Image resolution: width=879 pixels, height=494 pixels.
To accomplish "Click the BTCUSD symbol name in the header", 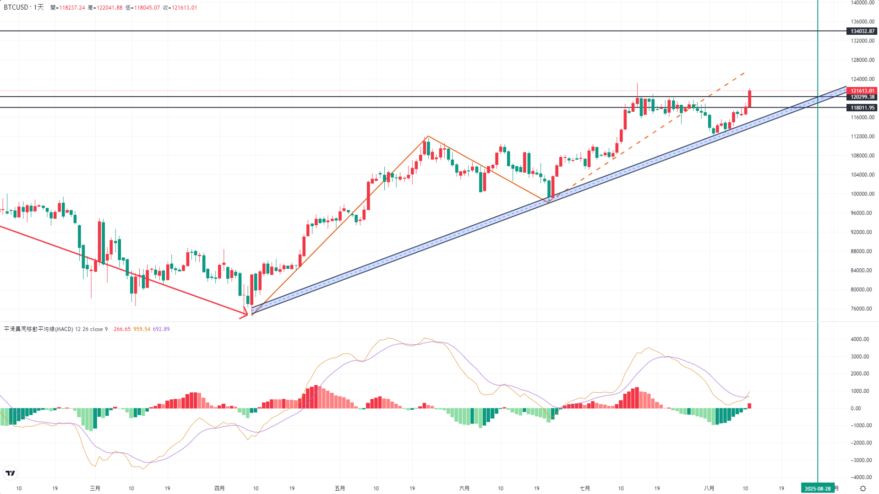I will pyautogui.click(x=16, y=7).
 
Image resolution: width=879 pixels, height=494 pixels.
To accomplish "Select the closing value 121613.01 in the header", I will pyautogui.click(x=184, y=8).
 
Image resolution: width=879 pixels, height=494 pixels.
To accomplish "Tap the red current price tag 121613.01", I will pyautogui.click(x=862, y=91).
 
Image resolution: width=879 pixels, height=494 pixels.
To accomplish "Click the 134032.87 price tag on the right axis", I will pyautogui.click(x=862, y=31).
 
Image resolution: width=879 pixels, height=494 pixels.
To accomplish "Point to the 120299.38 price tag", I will pyautogui.click(x=862, y=97).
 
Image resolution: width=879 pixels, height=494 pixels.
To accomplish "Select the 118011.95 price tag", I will pyautogui.click(x=862, y=108).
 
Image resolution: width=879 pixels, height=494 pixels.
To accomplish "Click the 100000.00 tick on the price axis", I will pyautogui.click(x=862, y=194).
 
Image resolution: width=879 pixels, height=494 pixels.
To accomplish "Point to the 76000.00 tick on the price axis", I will pyautogui.click(x=862, y=309).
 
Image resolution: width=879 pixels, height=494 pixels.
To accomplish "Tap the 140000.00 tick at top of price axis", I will pyautogui.click(x=862, y=3).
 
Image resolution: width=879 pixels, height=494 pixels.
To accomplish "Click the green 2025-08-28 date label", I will pyautogui.click(x=818, y=489).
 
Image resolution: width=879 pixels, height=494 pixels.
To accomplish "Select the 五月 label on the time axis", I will pyautogui.click(x=339, y=489).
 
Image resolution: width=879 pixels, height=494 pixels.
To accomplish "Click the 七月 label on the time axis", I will pyautogui.click(x=584, y=489).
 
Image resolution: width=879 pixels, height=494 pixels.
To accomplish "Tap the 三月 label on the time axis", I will pyautogui.click(x=95, y=489).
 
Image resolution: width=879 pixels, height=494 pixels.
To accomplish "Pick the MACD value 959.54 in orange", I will pyautogui.click(x=142, y=329).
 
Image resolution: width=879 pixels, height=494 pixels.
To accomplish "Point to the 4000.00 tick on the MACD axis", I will pyautogui.click(x=859, y=339).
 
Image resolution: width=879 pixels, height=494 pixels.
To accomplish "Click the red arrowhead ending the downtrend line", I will pyautogui.click(x=245, y=314).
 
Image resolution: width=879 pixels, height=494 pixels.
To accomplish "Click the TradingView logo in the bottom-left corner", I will pyautogui.click(x=10, y=473).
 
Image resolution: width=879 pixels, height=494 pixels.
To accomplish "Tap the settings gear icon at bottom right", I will pyautogui.click(x=863, y=489).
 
